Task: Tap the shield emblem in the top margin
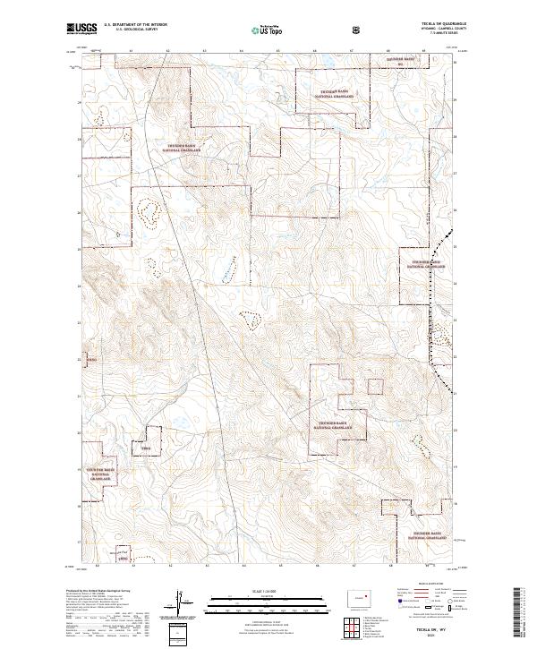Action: [x=358, y=30]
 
